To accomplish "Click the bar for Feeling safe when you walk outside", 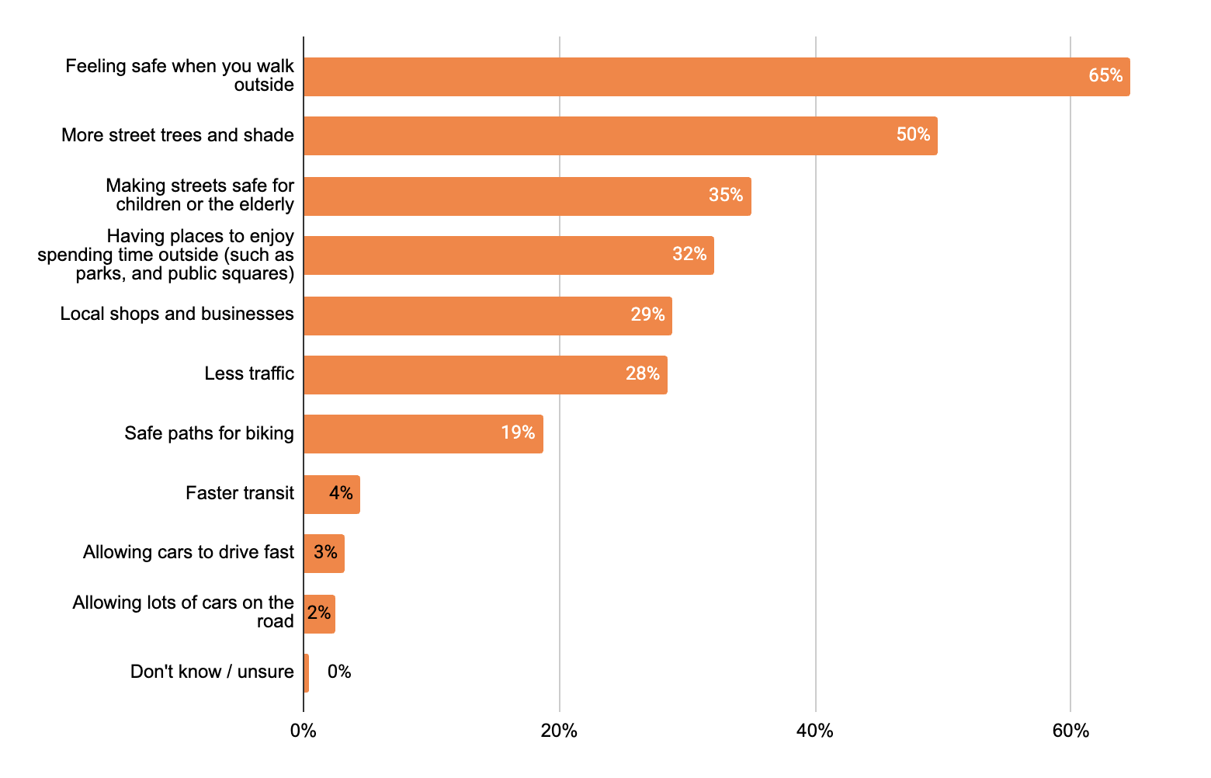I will (716, 77).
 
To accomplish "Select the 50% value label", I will (913, 135).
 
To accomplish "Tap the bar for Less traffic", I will (485, 375).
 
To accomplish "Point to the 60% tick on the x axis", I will (1070, 731).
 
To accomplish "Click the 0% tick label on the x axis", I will (303, 731).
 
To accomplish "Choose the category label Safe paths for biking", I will (209, 433).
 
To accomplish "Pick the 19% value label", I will (518, 433).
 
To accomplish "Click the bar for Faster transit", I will (331, 494).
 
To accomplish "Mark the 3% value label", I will (325, 553).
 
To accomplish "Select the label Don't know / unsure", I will (212, 672).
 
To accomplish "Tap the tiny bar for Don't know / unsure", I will (306, 672).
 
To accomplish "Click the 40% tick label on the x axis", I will (815, 731).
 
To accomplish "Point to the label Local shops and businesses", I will (177, 314).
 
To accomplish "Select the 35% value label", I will (725, 196).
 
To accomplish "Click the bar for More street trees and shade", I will (620, 136).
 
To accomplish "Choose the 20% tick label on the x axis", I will (559, 731).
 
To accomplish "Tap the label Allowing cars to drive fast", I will (189, 553).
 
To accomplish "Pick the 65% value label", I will (1105, 76).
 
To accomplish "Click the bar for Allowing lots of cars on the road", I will (319, 613).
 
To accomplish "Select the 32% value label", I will (689, 255).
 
